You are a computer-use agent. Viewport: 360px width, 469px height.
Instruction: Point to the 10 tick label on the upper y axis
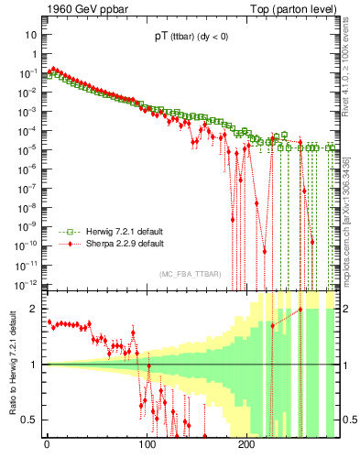(x=31, y=34)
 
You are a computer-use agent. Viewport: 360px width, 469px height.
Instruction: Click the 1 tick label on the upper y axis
(x=34, y=54)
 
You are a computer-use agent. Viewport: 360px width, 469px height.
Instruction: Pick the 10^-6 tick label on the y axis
(x=27, y=169)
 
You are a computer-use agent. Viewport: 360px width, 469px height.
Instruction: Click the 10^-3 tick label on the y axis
(x=27, y=112)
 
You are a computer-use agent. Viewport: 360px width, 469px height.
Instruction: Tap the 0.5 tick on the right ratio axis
(x=348, y=420)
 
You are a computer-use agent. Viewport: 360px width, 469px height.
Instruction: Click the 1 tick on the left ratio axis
(x=34, y=365)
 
